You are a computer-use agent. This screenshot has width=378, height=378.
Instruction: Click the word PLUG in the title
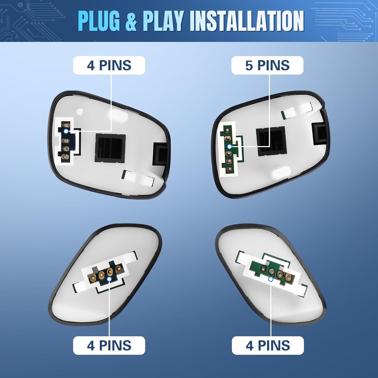[x=99, y=21]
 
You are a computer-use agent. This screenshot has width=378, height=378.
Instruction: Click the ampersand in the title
[x=131, y=22]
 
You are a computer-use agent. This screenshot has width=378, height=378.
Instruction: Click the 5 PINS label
[x=267, y=65]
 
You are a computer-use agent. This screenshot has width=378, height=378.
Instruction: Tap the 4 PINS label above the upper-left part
[x=109, y=65]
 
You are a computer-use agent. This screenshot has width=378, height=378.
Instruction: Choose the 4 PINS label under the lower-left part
[x=109, y=345]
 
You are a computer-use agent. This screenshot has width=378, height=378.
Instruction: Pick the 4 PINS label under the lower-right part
[x=268, y=345]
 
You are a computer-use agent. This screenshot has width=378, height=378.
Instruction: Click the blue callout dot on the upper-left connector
[x=66, y=131]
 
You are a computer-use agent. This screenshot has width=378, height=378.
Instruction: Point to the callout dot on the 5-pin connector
[x=229, y=146]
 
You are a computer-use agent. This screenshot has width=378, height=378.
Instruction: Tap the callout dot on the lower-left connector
[x=109, y=279]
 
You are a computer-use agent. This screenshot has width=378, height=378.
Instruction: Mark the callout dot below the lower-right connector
[x=271, y=279]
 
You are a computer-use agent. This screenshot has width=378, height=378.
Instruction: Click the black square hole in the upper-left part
[x=110, y=148]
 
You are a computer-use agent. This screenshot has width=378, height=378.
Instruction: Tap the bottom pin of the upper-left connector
[x=65, y=157]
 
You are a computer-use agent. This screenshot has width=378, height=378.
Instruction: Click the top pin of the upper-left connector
[x=67, y=125]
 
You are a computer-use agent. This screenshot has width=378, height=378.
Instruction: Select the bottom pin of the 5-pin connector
[x=229, y=169]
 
